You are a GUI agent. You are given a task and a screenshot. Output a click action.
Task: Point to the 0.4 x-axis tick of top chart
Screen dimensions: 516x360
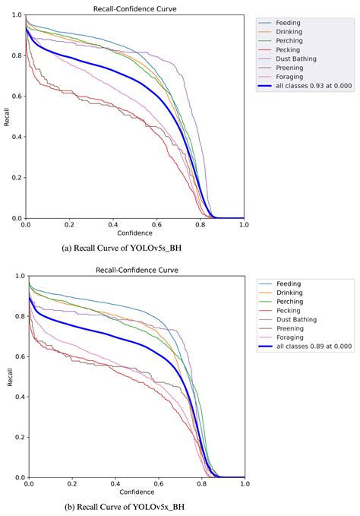click(x=112, y=225)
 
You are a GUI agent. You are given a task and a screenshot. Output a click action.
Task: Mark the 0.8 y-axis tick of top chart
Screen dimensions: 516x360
click(x=16, y=55)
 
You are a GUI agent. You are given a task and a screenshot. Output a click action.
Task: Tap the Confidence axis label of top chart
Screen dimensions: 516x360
click(x=134, y=233)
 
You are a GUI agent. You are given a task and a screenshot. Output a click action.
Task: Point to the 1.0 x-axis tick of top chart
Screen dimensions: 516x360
click(x=243, y=225)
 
